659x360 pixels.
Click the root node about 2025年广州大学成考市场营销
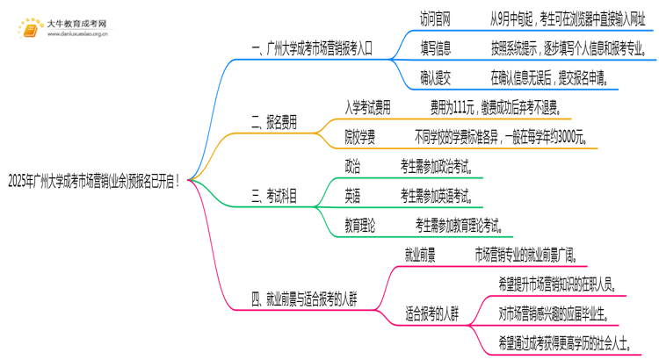click(94, 182)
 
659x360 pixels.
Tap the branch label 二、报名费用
click(274, 123)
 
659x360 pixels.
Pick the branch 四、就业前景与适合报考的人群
click(311, 299)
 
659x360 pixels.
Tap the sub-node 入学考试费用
click(368, 108)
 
